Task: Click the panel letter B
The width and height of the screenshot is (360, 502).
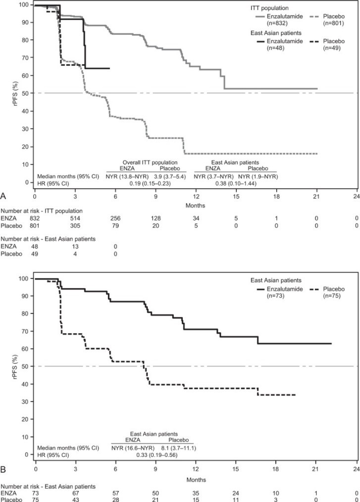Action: pyautogui.click(x=4, y=466)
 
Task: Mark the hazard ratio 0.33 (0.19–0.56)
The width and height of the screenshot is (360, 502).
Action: pyautogui.click(x=153, y=454)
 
